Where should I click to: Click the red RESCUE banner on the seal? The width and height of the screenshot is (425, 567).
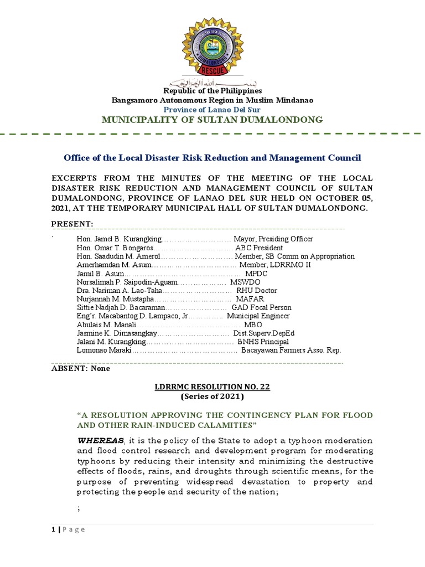point(213,70)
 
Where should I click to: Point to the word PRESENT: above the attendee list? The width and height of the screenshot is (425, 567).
point(72,223)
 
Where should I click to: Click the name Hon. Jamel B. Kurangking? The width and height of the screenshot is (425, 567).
point(118,239)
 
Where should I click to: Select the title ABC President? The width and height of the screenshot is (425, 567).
point(259,248)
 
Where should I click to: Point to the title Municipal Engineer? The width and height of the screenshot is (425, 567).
point(262,316)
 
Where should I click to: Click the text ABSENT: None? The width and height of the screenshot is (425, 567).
point(81,369)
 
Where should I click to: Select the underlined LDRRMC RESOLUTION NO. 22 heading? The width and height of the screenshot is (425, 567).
point(212,387)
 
